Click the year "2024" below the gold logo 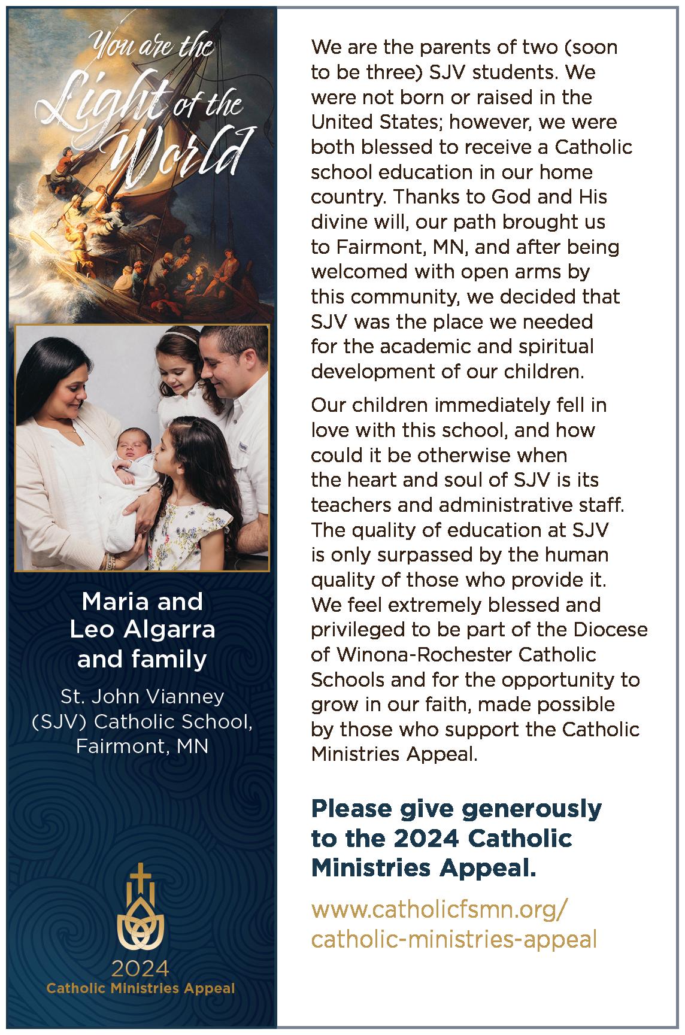click(x=141, y=968)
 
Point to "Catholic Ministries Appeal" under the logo click(x=141, y=988)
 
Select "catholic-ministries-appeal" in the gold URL click(x=454, y=939)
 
